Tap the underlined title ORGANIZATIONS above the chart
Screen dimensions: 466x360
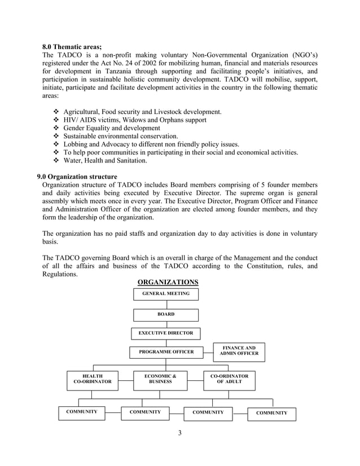168,282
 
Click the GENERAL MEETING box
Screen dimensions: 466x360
166,294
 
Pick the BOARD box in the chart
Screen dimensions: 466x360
166,315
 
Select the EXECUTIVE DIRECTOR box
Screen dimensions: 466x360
166,333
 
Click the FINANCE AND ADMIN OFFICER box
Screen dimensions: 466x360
239,351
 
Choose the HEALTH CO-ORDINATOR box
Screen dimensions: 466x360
93,379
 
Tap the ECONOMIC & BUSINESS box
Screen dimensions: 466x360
161,379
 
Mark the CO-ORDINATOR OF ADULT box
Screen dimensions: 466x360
229,379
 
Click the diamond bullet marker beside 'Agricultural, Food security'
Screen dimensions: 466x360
55,112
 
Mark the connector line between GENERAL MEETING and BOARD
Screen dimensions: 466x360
166,305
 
